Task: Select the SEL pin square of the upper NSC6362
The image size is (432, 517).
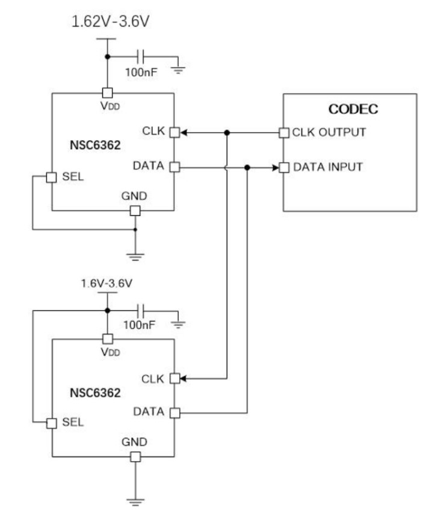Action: [52, 178]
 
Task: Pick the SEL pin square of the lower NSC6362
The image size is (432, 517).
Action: [52, 422]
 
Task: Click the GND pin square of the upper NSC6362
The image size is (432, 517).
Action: [135, 210]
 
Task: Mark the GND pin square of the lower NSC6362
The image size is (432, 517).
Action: [135, 456]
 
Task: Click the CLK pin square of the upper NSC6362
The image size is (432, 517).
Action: [174, 133]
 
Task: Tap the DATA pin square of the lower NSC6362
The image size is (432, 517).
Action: [174, 412]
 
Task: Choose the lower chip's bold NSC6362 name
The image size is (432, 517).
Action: [95, 394]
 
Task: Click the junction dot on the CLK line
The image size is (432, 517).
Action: [226, 133]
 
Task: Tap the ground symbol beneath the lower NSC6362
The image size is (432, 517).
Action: [135, 498]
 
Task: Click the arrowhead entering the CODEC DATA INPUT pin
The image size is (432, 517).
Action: [277, 167]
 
